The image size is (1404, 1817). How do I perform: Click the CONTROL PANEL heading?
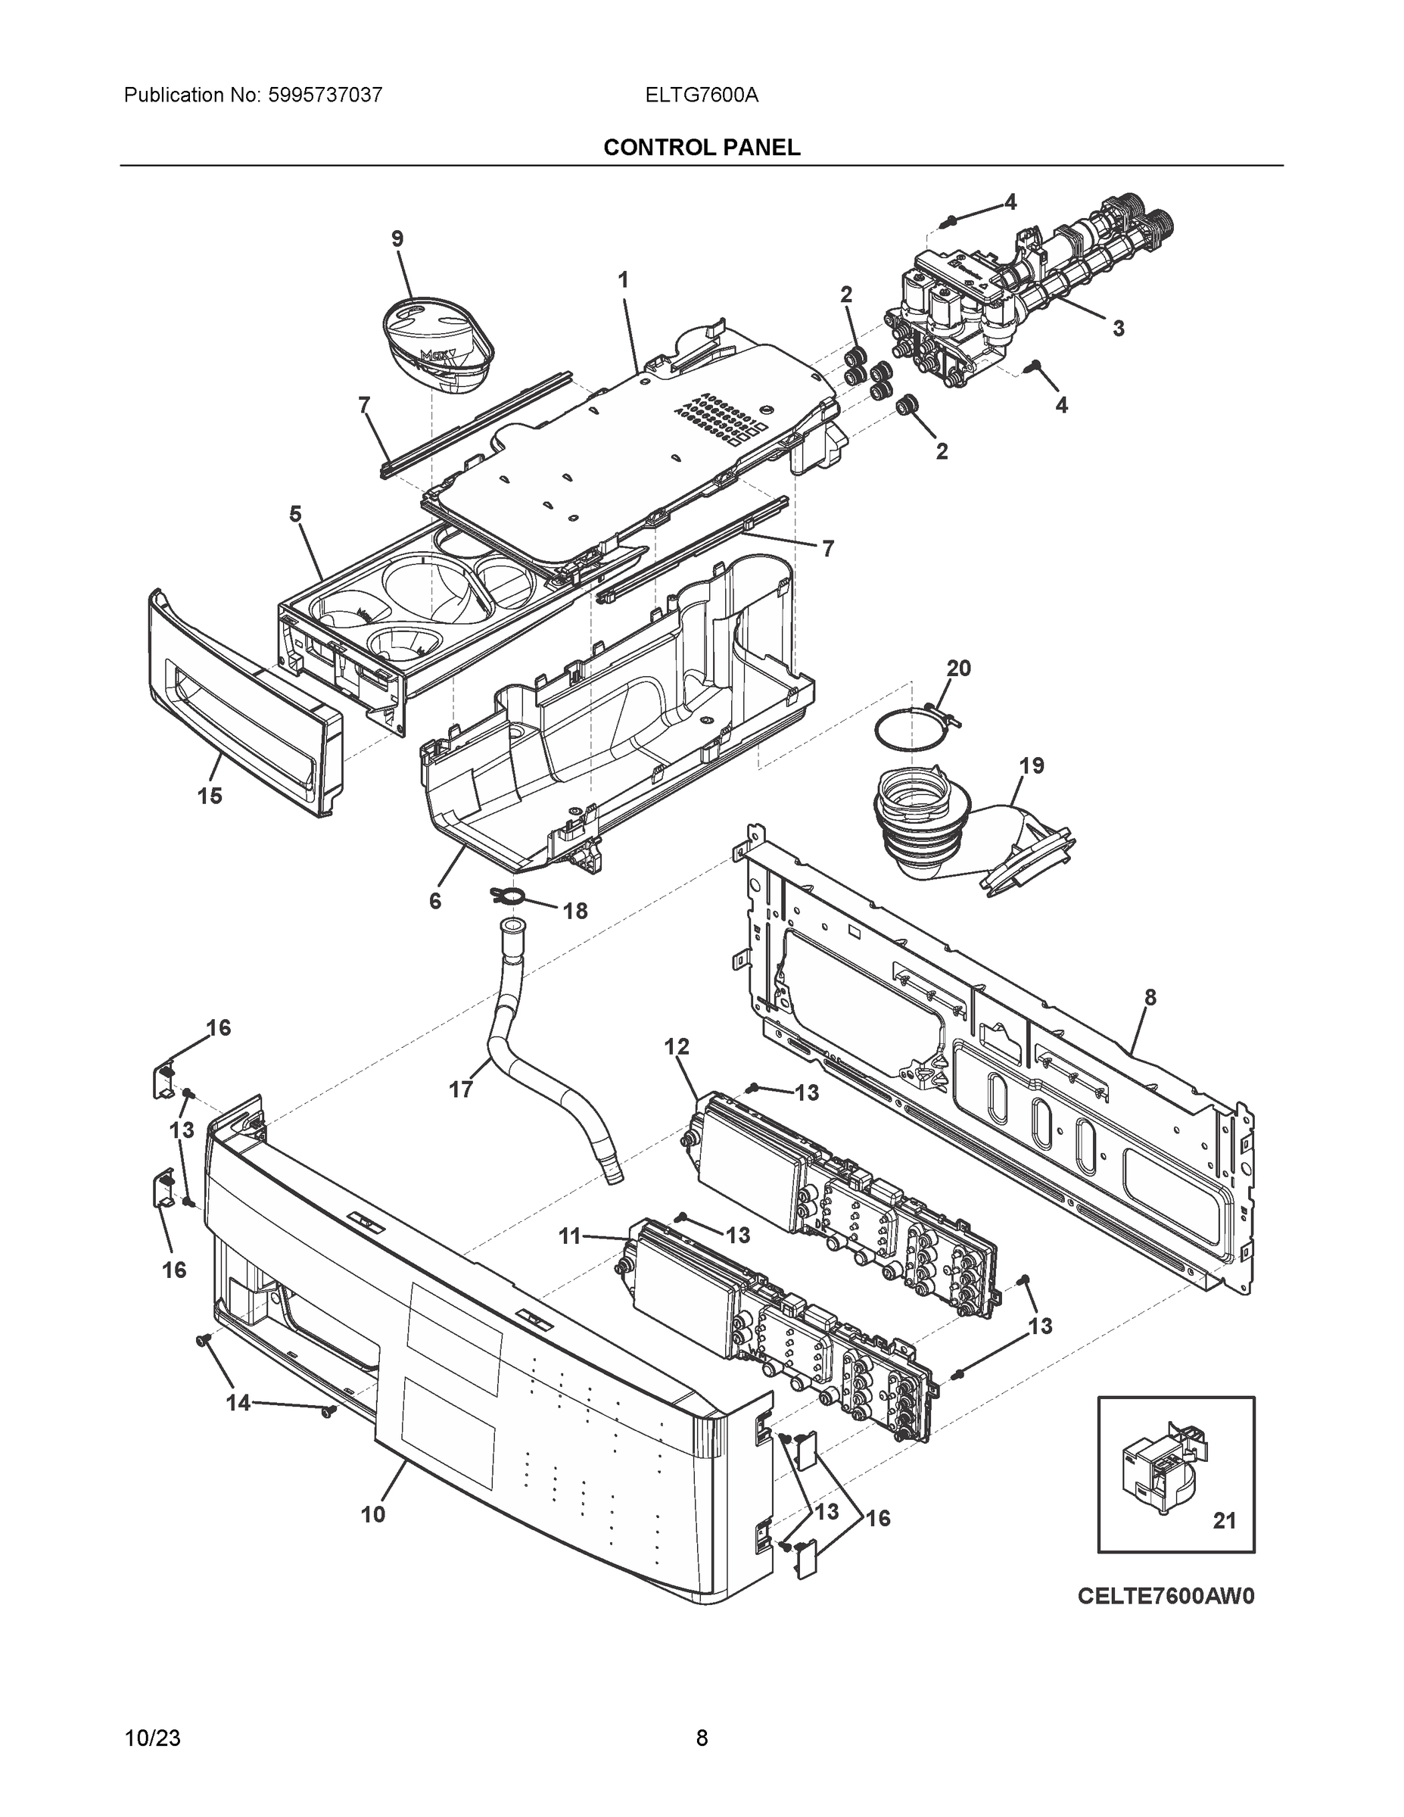(701, 148)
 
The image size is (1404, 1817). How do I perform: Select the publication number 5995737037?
(325, 95)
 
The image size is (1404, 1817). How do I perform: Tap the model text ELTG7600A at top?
(701, 95)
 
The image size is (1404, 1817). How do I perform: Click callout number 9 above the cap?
(397, 238)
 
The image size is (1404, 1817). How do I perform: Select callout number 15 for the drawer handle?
(210, 796)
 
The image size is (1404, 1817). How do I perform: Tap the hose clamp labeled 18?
(510, 896)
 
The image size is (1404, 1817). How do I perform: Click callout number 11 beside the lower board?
(569, 1260)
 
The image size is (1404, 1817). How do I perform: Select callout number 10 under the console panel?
(372, 1514)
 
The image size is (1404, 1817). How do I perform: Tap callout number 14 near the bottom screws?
(238, 1403)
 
